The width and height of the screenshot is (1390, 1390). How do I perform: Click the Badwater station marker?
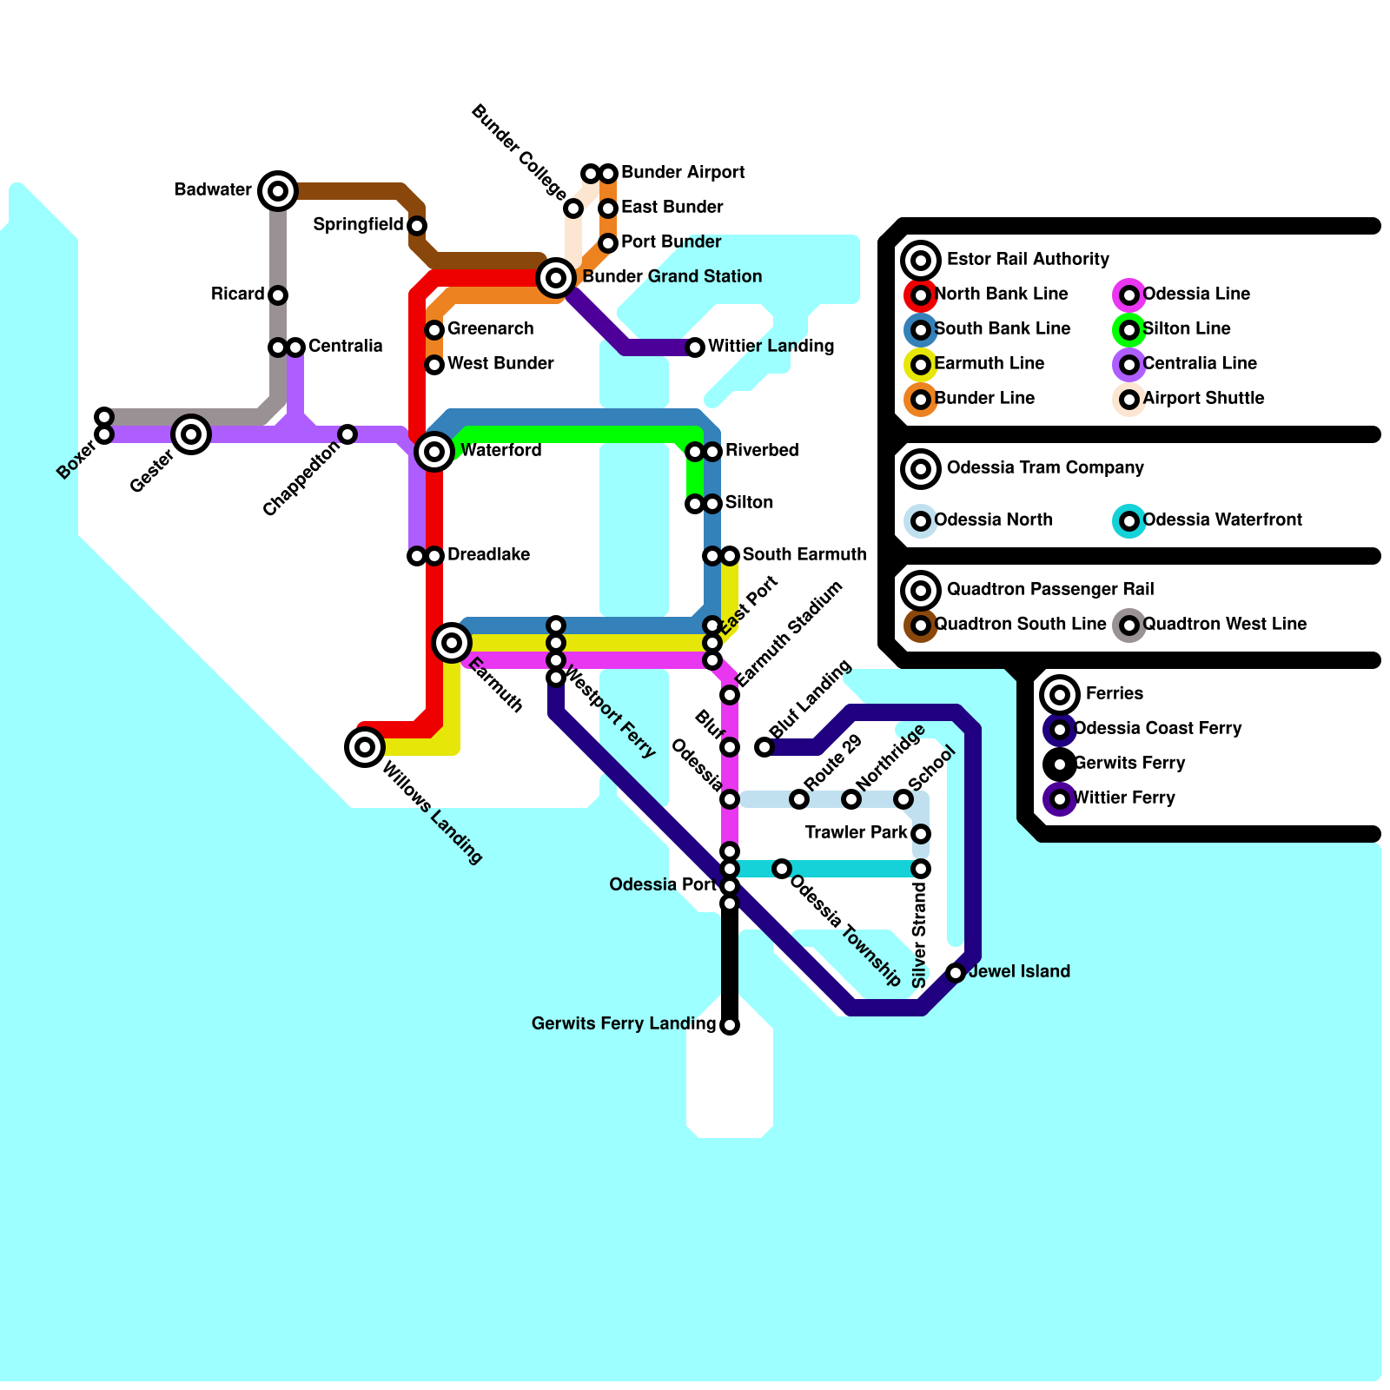(x=278, y=190)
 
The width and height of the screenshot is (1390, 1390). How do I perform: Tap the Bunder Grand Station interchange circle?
(x=556, y=278)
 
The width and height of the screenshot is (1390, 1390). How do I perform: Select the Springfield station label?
(x=358, y=225)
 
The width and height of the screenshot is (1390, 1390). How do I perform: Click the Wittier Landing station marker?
(x=695, y=347)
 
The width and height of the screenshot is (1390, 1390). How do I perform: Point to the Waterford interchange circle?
(x=434, y=452)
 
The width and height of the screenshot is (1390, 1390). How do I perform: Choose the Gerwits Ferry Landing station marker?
(x=730, y=1025)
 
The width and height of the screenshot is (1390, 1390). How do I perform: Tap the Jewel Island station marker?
(x=956, y=973)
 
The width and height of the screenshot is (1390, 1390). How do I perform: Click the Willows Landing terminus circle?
(x=365, y=747)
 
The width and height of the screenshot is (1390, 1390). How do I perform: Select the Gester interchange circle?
(x=191, y=434)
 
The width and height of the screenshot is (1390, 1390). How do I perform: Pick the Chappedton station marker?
(x=347, y=434)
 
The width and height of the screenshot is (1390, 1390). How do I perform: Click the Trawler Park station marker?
(x=921, y=834)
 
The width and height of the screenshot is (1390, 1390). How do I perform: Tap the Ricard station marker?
(x=278, y=295)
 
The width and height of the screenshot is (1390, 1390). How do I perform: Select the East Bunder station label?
(x=672, y=208)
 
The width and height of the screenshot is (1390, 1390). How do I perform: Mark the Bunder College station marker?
(x=573, y=208)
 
